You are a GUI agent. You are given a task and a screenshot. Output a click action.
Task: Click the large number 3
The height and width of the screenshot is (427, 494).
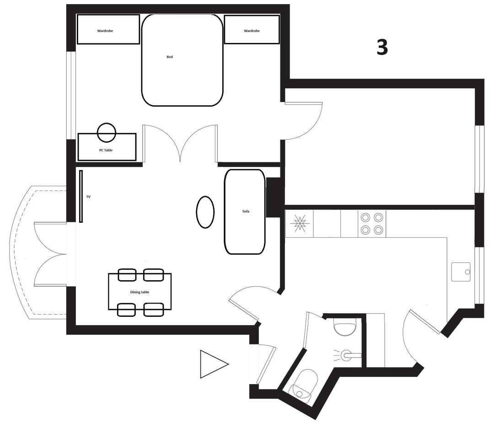coord(382,48)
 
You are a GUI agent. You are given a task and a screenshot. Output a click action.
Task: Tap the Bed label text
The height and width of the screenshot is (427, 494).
coord(170,57)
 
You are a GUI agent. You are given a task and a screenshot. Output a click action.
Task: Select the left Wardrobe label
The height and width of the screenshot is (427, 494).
coord(105,31)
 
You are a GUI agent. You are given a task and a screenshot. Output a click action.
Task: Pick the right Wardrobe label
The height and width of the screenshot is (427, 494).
coord(252,31)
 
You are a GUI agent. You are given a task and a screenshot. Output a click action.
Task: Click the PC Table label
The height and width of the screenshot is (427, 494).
coord(106,150)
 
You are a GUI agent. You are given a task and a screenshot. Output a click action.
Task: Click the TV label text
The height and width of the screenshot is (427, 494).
coord(89,197)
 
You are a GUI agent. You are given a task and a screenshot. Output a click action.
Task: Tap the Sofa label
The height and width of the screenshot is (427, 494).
coord(246,211)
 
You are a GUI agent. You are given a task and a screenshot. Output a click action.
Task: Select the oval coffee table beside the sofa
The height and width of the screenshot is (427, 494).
coord(205,212)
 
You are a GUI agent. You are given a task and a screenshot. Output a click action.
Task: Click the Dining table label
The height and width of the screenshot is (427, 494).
coord(140,292)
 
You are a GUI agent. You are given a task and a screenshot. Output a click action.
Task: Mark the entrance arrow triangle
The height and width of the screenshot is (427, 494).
coord(214,364)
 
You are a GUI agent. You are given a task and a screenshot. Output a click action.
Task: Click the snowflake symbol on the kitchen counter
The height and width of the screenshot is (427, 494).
coord(298,224)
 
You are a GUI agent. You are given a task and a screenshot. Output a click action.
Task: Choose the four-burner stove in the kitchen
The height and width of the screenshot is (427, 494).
coord(372,224)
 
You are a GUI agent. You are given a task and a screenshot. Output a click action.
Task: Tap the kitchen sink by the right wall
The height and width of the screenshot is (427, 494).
coord(461,272)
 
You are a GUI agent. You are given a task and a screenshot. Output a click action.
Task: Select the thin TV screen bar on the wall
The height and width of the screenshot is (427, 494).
coord(81,196)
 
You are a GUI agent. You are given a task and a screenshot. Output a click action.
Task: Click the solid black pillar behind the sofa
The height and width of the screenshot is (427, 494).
coord(273,197)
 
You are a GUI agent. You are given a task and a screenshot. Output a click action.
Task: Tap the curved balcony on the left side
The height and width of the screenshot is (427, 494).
coord(38,252)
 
